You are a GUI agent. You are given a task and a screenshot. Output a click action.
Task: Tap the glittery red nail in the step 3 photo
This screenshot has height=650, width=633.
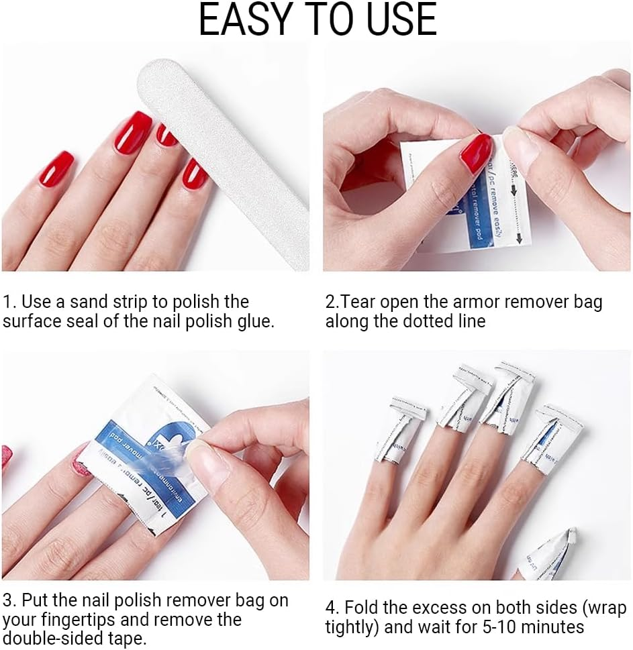tap(81, 461)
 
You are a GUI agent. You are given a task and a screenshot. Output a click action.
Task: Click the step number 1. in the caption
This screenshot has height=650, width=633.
tap(9, 302)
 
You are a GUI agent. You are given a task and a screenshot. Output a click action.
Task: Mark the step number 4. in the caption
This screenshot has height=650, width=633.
tap(332, 608)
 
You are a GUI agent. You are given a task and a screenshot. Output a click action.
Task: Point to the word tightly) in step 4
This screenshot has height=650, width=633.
tap(354, 628)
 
